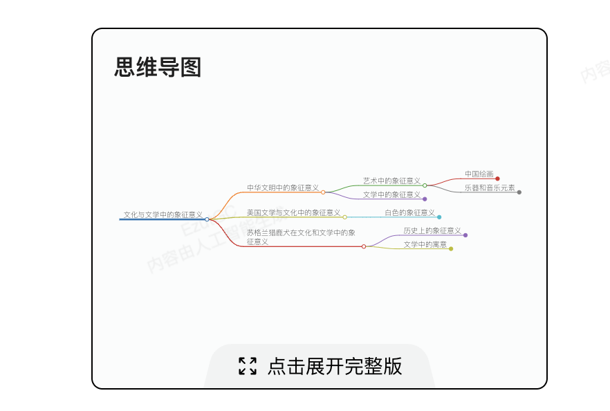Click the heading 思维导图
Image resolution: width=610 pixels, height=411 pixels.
click(x=158, y=68)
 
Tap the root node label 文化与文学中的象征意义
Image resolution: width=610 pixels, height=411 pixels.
click(x=163, y=214)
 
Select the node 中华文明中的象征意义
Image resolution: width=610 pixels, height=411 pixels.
click(x=283, y=188)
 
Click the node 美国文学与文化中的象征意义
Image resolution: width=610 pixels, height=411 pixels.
click(x=293, y=212)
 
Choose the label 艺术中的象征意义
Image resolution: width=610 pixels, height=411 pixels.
click(x=391, y=181)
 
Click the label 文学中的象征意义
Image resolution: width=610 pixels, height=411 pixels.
click(x=391, y=194)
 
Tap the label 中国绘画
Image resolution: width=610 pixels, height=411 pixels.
click(x=479, y=174)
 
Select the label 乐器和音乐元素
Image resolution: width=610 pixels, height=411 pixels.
click(x=490, y=188)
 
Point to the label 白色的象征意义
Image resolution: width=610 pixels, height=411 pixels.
click(x=409, y=212)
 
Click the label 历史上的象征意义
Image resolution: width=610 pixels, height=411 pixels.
click(x=432, y=230)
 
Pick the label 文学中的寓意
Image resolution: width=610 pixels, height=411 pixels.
click(x=425, y=244)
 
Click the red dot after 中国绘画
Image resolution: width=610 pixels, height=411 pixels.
click(x=497, y=179)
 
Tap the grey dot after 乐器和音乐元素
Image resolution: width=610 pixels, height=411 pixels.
click(x=519, y=192)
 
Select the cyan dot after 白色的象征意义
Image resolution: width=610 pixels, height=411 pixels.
click(x=439, y=217)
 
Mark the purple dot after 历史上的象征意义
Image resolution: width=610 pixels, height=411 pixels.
click(x=465, y=235)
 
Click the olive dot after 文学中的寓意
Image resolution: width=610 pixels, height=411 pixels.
click(x=451, y=249)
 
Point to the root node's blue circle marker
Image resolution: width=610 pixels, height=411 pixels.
click(x=207, y=219)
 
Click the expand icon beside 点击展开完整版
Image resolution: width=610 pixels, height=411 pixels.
click(x=248, y=366)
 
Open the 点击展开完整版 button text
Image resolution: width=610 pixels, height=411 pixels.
click(x=335, y=366)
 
